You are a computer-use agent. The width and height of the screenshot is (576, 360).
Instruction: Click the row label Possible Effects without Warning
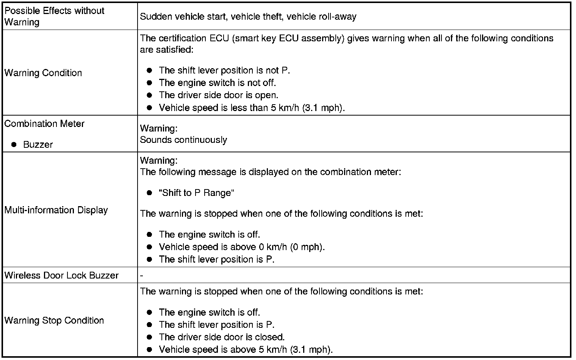point(54,16)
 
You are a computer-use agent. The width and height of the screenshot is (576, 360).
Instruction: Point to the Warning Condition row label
point(43,73)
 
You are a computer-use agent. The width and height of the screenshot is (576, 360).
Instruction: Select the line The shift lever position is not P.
point(224,70)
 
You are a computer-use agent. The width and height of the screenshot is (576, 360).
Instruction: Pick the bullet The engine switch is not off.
point(217,83)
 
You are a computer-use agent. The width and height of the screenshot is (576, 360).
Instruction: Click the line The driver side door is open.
point(219,95)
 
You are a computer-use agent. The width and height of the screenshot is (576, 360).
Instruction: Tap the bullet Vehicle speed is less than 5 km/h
point(252,108)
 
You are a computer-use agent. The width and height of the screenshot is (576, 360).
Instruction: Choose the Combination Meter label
point(44,124)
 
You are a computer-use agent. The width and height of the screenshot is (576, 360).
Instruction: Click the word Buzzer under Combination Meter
point(38,144)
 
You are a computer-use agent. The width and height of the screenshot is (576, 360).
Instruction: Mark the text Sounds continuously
point(183,140)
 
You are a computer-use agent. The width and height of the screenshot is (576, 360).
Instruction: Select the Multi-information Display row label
point(56,210)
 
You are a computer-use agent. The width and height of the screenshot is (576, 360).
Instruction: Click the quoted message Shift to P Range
point(196,193)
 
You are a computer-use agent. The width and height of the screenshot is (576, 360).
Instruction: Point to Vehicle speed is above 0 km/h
point(242,247)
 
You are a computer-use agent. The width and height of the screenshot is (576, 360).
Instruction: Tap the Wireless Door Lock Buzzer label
point(61,275)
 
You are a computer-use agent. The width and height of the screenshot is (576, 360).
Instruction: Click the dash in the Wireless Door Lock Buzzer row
point(142,275)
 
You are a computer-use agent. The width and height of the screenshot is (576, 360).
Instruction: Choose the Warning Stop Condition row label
point(54,320)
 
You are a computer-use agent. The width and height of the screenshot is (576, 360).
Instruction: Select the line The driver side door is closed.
point(222,337)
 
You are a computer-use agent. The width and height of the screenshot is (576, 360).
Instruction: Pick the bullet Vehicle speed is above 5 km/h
point(246,349)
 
